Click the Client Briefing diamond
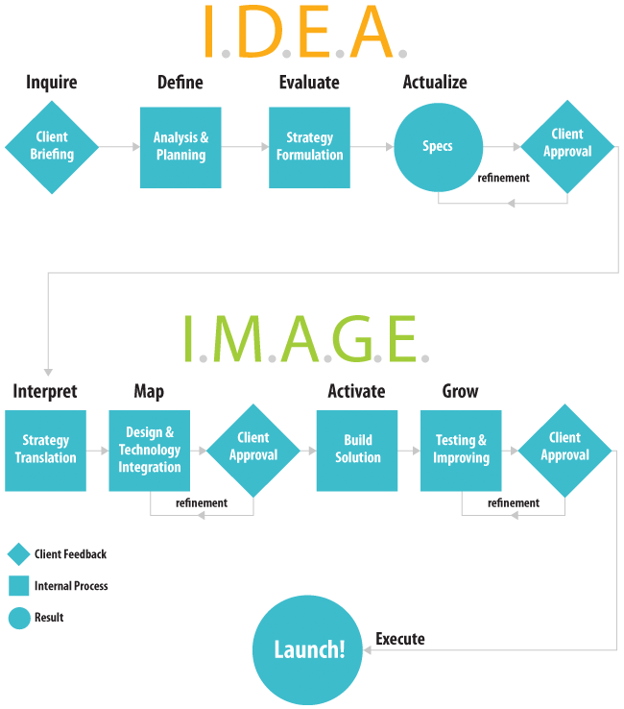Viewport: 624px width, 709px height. point(52,147)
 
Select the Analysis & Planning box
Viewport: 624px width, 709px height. point(180,147)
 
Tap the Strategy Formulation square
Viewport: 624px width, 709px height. point(309,147)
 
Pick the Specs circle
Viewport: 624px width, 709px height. point(439,147)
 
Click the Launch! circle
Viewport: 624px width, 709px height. point(308,649)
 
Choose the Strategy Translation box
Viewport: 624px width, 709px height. point(46,451)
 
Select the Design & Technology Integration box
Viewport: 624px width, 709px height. point(150,451)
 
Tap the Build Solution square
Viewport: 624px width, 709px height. point(357,451)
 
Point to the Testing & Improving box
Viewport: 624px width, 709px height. point(461,451)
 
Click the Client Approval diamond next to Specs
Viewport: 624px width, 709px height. point(567,147)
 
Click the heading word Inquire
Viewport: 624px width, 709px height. point(52,83)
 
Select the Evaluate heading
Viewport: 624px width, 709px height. point(309,83)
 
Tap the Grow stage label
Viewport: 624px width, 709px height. point(460,391)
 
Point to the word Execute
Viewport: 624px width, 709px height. point(400,639)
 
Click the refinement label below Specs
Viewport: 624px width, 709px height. point(503,178)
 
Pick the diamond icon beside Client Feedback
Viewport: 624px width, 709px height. point(19,554)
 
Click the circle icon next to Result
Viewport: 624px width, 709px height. point(19,618)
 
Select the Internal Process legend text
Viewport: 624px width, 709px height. point(71,586)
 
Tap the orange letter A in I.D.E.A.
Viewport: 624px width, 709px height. point(372,31)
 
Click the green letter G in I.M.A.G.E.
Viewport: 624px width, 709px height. point(353,339)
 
